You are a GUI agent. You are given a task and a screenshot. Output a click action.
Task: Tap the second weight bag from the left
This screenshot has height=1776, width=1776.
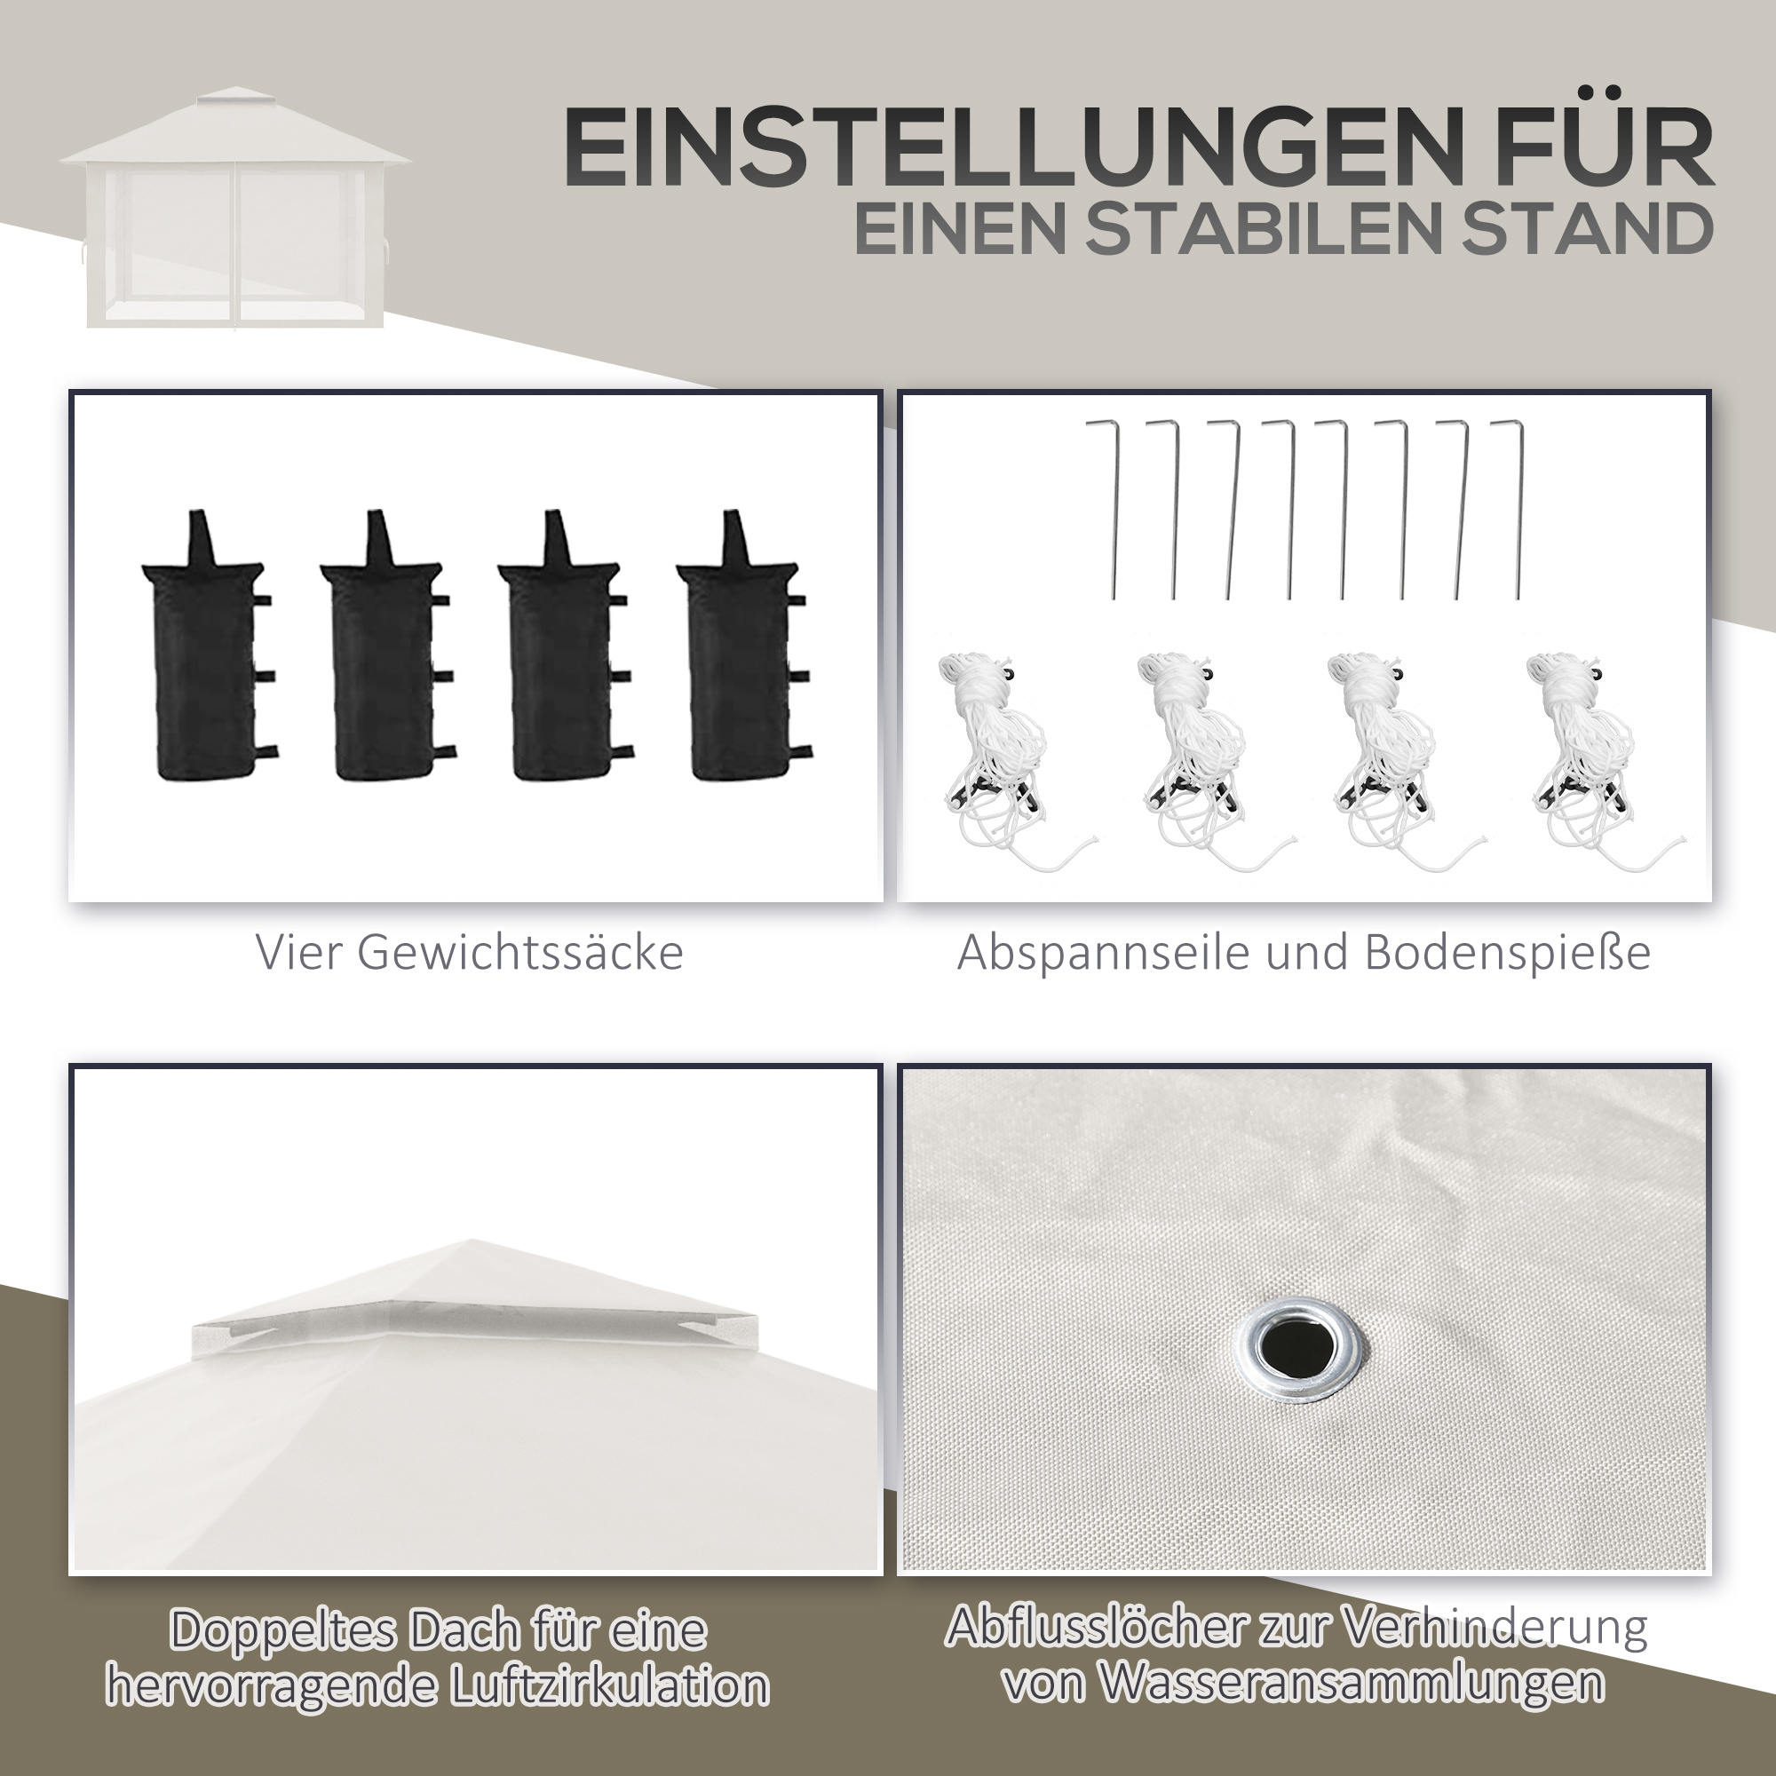[386, 647]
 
